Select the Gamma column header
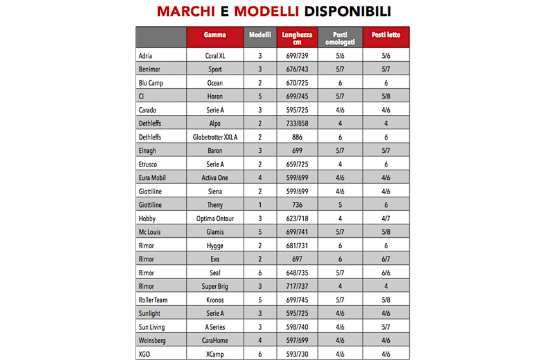click(x=215, y=35)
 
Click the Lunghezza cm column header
click(x=297, y=38)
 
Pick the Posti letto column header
click(x=385, y=35)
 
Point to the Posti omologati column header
click(x=339, y=38)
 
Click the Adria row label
click(x=146, y=56)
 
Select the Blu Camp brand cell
click(x=151, y=83)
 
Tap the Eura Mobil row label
click(x=152, y=178)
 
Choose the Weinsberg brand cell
click(x=153, y=340)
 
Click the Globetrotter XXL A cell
click(x=215, y=137)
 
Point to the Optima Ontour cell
click(x=215, y=219)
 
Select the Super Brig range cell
click(x=215, y=286)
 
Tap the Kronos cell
click(x=215, y=300)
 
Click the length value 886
click(x=297, y=137)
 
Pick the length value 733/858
click(x=297, y=123)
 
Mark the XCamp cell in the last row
click(x=215, y=354)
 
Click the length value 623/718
click(x=297, y=219)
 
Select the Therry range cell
click(x=215, y=205)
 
